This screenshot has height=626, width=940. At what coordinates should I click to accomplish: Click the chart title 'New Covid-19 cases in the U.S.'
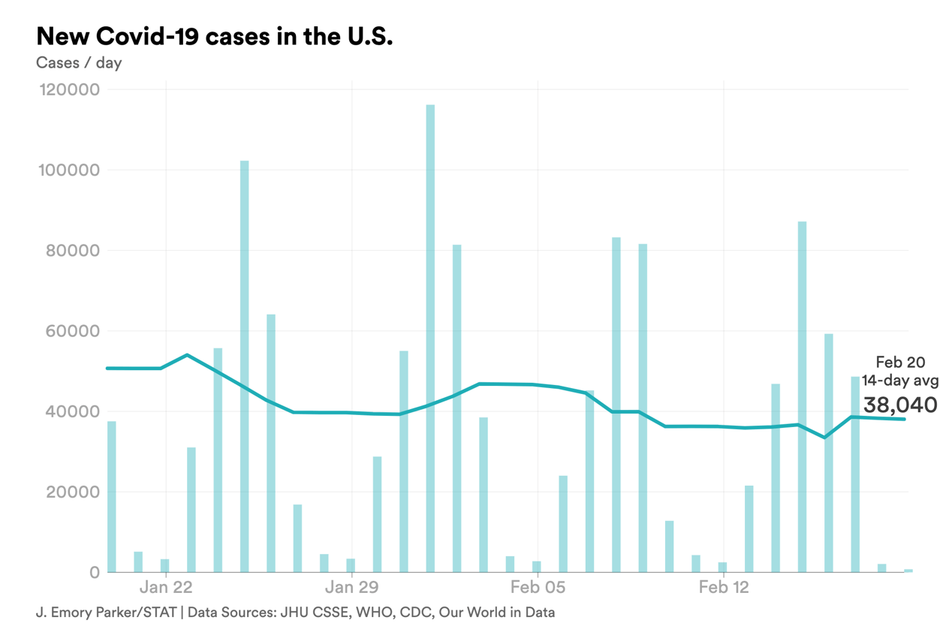tap(214, 36)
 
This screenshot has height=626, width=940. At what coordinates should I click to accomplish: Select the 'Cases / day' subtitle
tap(79, 62)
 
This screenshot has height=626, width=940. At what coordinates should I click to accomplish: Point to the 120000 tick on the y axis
tap(68, 90)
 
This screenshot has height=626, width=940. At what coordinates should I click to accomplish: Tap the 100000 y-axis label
tap(68, 170)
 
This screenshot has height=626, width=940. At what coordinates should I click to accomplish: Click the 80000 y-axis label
tap(72, 251)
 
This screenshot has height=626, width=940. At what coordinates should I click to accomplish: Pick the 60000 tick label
tap(72, 331)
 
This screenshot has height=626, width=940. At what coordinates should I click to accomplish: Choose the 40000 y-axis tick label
tap(72, 411)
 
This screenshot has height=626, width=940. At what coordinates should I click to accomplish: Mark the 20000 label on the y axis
tap(72, 492)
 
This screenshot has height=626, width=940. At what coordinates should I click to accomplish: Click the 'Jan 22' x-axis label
tap(165, 587)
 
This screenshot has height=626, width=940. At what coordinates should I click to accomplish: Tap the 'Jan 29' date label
tap(351, 587)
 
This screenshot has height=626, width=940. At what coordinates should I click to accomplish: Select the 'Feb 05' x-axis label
tap(538, 587)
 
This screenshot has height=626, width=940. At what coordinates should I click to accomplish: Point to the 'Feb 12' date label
tap(724, 587)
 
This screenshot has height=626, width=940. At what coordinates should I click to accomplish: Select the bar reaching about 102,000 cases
tap(244, 366)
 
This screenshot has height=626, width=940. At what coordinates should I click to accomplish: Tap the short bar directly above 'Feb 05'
tap(537, 567)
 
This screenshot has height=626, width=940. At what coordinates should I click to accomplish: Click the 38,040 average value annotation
tap(899, 405)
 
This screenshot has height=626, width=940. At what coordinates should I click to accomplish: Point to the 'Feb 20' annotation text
tap(900, 363)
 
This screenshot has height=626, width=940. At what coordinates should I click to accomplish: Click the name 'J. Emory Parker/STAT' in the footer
tap(105, 612)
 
